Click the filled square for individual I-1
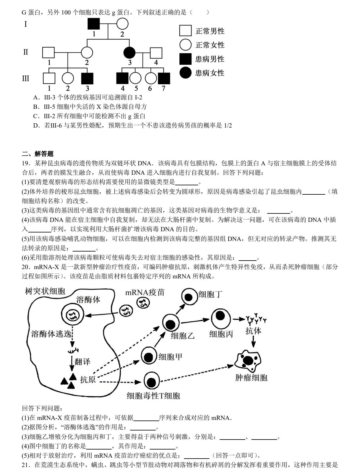(93, 24)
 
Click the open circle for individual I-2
(122, 24)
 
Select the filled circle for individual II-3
(129, 53)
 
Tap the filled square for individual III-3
(87, 79)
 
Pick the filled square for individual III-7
(164, 79)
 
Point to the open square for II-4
(156, 53)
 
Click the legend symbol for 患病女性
(185, 73)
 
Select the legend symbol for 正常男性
(185, 31)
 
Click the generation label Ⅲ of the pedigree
(26, 79)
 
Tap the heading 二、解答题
(38, 154)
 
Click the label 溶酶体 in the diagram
(88, 300)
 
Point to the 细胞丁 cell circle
(189, 297)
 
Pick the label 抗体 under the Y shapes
(253, 331)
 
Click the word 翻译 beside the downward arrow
(82, 362)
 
